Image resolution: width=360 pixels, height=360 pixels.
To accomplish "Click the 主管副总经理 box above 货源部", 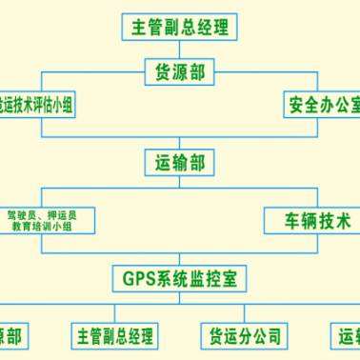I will coord(181,26).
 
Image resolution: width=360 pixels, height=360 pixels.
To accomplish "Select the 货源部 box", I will coord(180,71).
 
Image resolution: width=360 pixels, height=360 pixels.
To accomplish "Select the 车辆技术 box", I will coord(310,222).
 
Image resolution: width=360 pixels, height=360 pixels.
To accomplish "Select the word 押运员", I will coord(63,214).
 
